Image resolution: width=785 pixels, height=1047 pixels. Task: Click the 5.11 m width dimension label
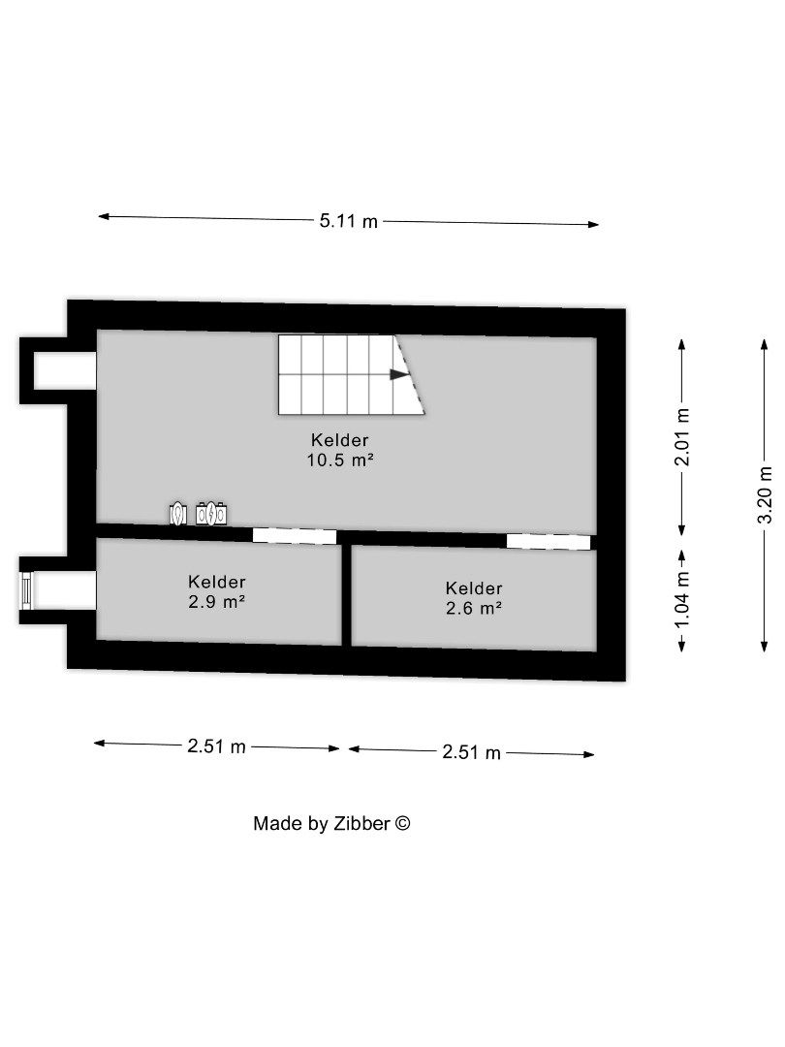coord(349,221)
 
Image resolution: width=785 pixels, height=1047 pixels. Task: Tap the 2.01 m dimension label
coord(682,435)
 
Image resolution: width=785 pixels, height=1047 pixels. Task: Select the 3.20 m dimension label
coord(765,494)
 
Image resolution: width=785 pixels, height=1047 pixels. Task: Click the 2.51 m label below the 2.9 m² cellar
coord(217,746)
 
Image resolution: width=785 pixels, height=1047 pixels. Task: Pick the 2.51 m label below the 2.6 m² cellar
coord(471,752)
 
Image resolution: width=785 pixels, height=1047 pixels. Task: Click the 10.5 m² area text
coord(340,461)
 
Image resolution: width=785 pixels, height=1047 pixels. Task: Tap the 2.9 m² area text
coord(217,602)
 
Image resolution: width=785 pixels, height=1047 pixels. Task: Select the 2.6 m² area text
coord(474,609)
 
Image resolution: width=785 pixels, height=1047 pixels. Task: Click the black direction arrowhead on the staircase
coord(399,374)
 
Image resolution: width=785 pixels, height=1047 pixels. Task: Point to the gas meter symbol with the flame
coord(178,513)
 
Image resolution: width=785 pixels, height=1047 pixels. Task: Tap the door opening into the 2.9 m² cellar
coord(295,535)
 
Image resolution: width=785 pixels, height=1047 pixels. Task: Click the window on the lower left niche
coord(27,589)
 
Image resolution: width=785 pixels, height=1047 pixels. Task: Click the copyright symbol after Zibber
coord(404,823)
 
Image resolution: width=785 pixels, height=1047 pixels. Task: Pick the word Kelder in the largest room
coord(339,439)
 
